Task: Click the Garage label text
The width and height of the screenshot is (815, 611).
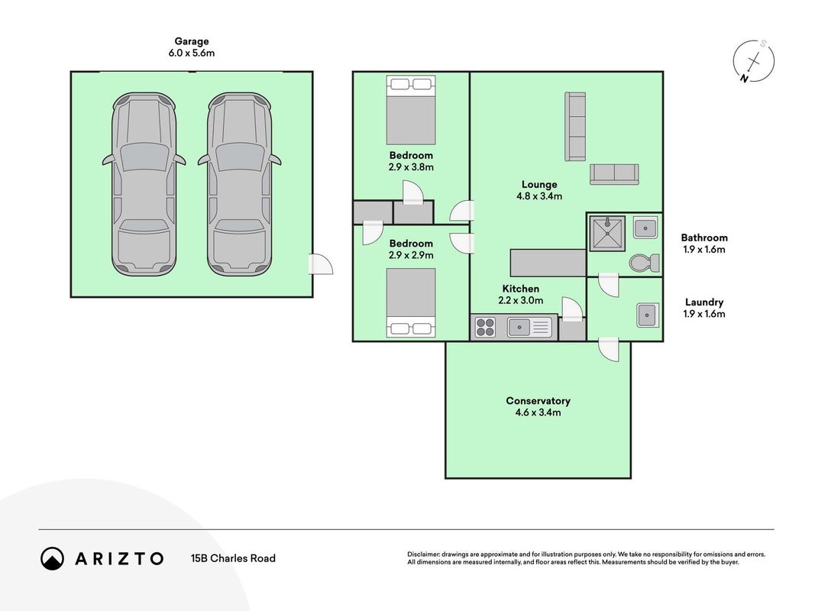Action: tap(191, 41)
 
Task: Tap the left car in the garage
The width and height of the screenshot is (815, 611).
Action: tap(144, 184)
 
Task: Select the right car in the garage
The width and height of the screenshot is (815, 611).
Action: tap(239, 184)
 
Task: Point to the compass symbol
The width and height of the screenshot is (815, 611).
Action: tap(754, 61)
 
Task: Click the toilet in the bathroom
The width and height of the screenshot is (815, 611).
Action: tap(644, 263)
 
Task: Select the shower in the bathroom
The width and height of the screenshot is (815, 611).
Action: tap(606, 234)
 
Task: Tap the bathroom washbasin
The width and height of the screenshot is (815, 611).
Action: tap(645, 228)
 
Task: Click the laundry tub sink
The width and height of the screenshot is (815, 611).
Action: tap(648, 315)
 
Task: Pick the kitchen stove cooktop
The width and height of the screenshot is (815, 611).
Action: tap(485, 328)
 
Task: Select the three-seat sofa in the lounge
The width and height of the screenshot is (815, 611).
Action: tap(575, 127)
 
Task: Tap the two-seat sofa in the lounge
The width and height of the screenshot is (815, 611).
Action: tap(614, 174)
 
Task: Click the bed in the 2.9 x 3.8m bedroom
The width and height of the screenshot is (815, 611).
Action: tap(411, 110)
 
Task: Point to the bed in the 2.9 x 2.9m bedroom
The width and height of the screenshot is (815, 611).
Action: tap(411, 303)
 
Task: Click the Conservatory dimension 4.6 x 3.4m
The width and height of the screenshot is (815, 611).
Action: tap(538, 412)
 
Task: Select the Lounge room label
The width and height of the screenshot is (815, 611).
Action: tap(539, 184)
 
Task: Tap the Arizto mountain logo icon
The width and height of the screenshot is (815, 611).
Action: tap(52, 558)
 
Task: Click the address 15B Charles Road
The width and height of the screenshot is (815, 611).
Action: tap(233, 558)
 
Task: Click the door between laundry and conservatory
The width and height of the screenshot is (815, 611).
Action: tap(609, 348)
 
